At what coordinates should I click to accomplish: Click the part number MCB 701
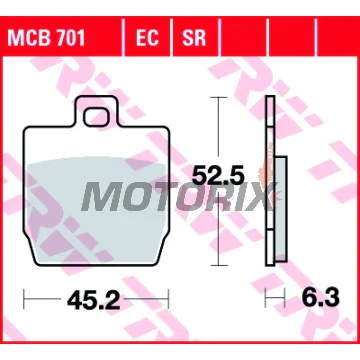pyautogui.click(x=46, y=38)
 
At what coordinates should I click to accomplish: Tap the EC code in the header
pyautogui.click(x=147, y=38)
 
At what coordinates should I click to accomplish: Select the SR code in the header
pyautogui.click(x=194, y=38)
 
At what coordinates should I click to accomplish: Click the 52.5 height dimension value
pyautogui.click(x=216, y=175)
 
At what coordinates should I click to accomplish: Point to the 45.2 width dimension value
pyautogui.click(x=93, y=301)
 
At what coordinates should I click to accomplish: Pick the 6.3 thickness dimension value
pyautogui.click(x=321, y=298)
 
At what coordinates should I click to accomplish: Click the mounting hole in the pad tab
pyautogui.click(x=96, y=118)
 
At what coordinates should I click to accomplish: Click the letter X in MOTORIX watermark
pyautogui.click(x=258, y=196)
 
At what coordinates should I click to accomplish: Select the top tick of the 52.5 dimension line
pyautogui.click(x=218, y=97)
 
